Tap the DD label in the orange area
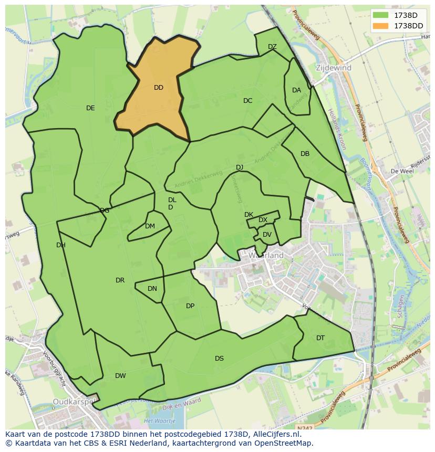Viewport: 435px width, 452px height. [159, 88]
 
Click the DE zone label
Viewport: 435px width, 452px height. [90, 108]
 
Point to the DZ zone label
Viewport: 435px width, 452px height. [272, 47]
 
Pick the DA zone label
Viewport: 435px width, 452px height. [296, 90]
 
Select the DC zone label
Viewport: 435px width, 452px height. [248, 101]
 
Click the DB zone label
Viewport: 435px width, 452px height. [305, 154]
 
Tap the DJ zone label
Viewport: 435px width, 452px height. [240, 167]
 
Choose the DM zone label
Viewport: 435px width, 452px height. [150, 226]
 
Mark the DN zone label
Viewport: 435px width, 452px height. [152, 289]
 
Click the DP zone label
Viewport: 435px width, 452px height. [190, 306]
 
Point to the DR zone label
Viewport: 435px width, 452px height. [120, 280]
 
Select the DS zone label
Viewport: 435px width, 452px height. [219, 359]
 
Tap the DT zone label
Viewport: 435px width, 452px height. [320, 338]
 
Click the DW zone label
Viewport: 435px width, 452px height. [120, 376]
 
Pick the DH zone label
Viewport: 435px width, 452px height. [61, 245]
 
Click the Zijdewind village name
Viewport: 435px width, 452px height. [334, 68]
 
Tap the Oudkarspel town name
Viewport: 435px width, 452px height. [74, 403]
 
